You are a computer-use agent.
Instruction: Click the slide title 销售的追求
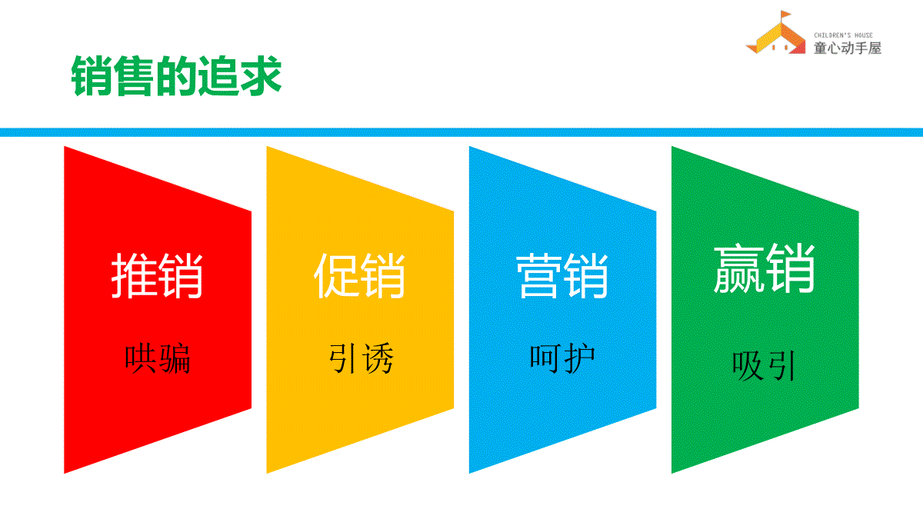pyautogui.click(x=176, y=76)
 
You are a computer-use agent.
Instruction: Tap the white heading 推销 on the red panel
pyautogui.click(x=157, y=275)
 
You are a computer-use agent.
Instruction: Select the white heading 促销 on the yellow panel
pyautogui.click(x=359, y=275)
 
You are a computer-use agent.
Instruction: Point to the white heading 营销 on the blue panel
pyautogui.click(x=562, y=275)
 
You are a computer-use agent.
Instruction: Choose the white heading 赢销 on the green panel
pyautogui.click(x=765, y=268)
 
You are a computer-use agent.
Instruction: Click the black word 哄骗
pyautogui.click(x=158, y=358)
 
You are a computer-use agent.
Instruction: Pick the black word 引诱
pyautogui.click(x=361, y=358)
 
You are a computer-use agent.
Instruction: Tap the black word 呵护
pyautogui.click(x=562, y=358)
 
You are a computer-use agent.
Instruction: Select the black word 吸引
pyautogui.click(x=764, y=366)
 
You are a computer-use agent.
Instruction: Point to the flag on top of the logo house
pyautogui.click(x=785, y=15)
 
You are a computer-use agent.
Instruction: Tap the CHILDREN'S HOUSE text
pyautogui.click(x=843, y=35)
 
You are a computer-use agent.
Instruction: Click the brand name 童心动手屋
pyautogui.click(x=847, y=48)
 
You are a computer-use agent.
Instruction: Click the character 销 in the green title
pyautogui.click(x=92, y=76)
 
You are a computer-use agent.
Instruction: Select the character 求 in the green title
pyautogui.click(x=262, y=76)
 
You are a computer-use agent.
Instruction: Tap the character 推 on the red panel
pyautogui.click(x=134, y=275)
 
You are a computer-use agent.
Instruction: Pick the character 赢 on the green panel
pyautogui.click(x=739, y=268)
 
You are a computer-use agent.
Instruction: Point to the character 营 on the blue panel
pyautogui.click(x=539, y=275)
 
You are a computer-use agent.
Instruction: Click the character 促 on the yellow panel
pyautogui.click(x=337, y=275)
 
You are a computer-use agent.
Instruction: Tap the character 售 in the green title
pyautogui.click(x=134, y=76)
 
